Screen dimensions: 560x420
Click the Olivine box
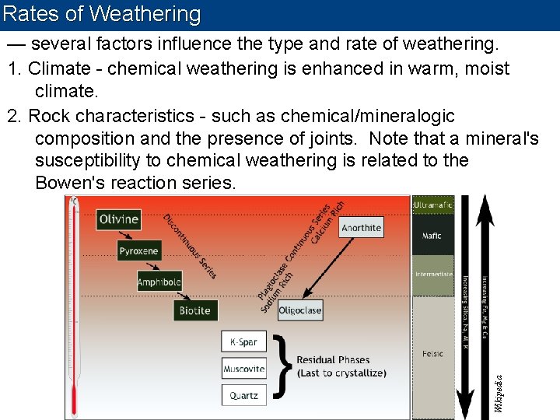point(118,219)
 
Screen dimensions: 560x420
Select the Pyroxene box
point(138,250)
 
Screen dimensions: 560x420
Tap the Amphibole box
point(159,282)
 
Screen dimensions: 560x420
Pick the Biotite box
point(194,310)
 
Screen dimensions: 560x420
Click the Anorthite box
point(361,227)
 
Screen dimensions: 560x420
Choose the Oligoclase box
point(299,310)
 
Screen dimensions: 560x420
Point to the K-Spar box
point(243,341)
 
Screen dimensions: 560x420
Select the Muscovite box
point(243,369)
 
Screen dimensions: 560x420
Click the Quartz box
point(243,395)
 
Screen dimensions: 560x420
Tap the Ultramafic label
point(432,205)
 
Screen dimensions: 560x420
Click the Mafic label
point(432,236)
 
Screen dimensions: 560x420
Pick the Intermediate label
point(432,275)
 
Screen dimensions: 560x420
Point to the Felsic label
point(432,354)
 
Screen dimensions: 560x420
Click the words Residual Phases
point(333,360)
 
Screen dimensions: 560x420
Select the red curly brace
point(285,367)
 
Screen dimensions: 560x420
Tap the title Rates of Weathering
point(102,14)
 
